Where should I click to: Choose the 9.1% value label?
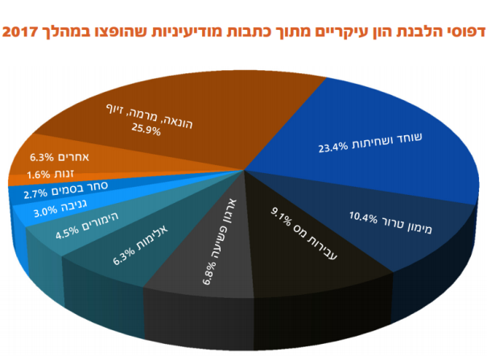pyautogui.click(x=282, y=214)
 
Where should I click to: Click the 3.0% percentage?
pyautogui.click(x=46, y=212)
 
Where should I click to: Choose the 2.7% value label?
pyautogui.click(x=36, y=194)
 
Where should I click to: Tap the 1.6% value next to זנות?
pyautogui.click(x=39, y=175)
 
